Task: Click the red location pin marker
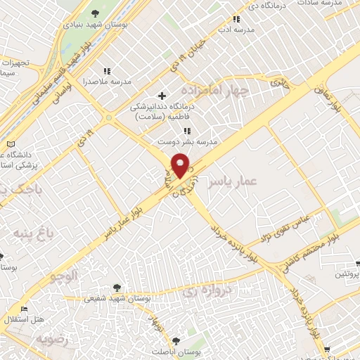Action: pyautogui.click(x=181, y=165)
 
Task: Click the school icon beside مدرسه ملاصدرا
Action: pyautogui.click(x=107, y=71)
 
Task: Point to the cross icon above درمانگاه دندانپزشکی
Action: pyautogui.click(x=162, y=95)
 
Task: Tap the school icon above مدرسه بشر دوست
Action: pyautogui.click(x=186, y=131)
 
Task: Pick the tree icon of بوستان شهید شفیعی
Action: pyautogui.click(x=117, y=287)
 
